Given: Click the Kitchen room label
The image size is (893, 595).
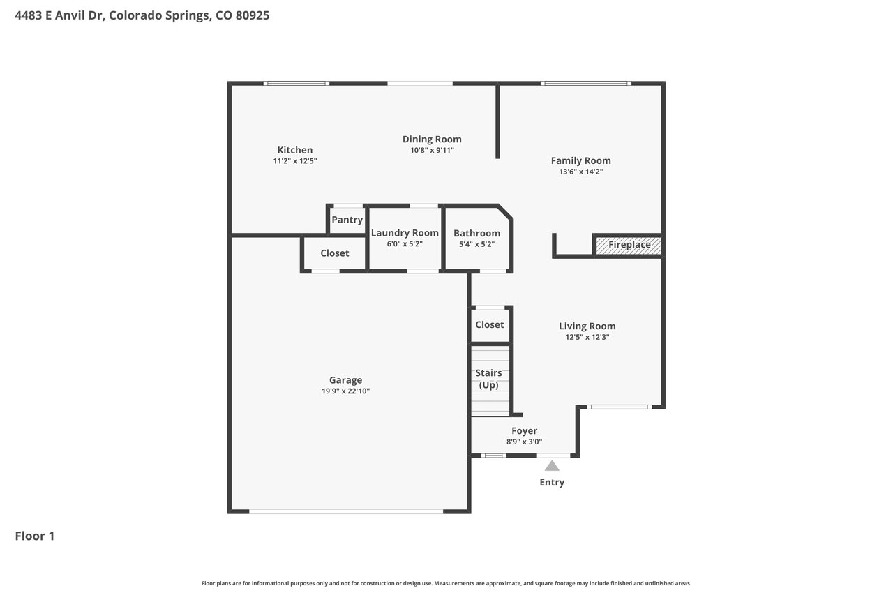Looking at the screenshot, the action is point(295,150).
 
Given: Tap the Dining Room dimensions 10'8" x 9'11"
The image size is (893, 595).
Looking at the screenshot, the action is point(432,150).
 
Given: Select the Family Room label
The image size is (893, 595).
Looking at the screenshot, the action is point(581,160).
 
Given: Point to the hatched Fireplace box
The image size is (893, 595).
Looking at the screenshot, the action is point(629,245).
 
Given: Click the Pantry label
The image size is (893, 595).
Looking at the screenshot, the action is point(347,220).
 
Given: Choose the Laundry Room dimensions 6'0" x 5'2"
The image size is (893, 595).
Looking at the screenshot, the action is point(405,244).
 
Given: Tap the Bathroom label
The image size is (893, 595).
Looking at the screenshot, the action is point(476,233).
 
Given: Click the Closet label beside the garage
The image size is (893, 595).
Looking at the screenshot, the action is point(334,253).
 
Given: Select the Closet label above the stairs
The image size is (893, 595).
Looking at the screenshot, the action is point(490,324).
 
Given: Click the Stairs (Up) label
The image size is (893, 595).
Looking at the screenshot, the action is point(489,379).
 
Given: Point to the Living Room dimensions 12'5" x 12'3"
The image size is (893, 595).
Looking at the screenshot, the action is point(587,337).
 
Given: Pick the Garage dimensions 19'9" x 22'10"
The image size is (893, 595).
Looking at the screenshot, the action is point(345,391).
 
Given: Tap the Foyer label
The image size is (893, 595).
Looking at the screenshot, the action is point(524,431).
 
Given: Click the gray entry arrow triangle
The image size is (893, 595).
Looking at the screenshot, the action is point(552,466).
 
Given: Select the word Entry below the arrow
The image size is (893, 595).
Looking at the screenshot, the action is point(552,482).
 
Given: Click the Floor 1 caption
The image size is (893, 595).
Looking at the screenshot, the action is point(35,536).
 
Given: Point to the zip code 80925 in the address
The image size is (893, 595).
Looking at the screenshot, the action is point(253,15).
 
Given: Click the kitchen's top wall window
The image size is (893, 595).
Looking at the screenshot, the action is point(297,83).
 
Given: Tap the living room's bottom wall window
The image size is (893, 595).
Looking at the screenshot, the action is point(619,407).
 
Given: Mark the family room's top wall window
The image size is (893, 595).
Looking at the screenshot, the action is point(586,83).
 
